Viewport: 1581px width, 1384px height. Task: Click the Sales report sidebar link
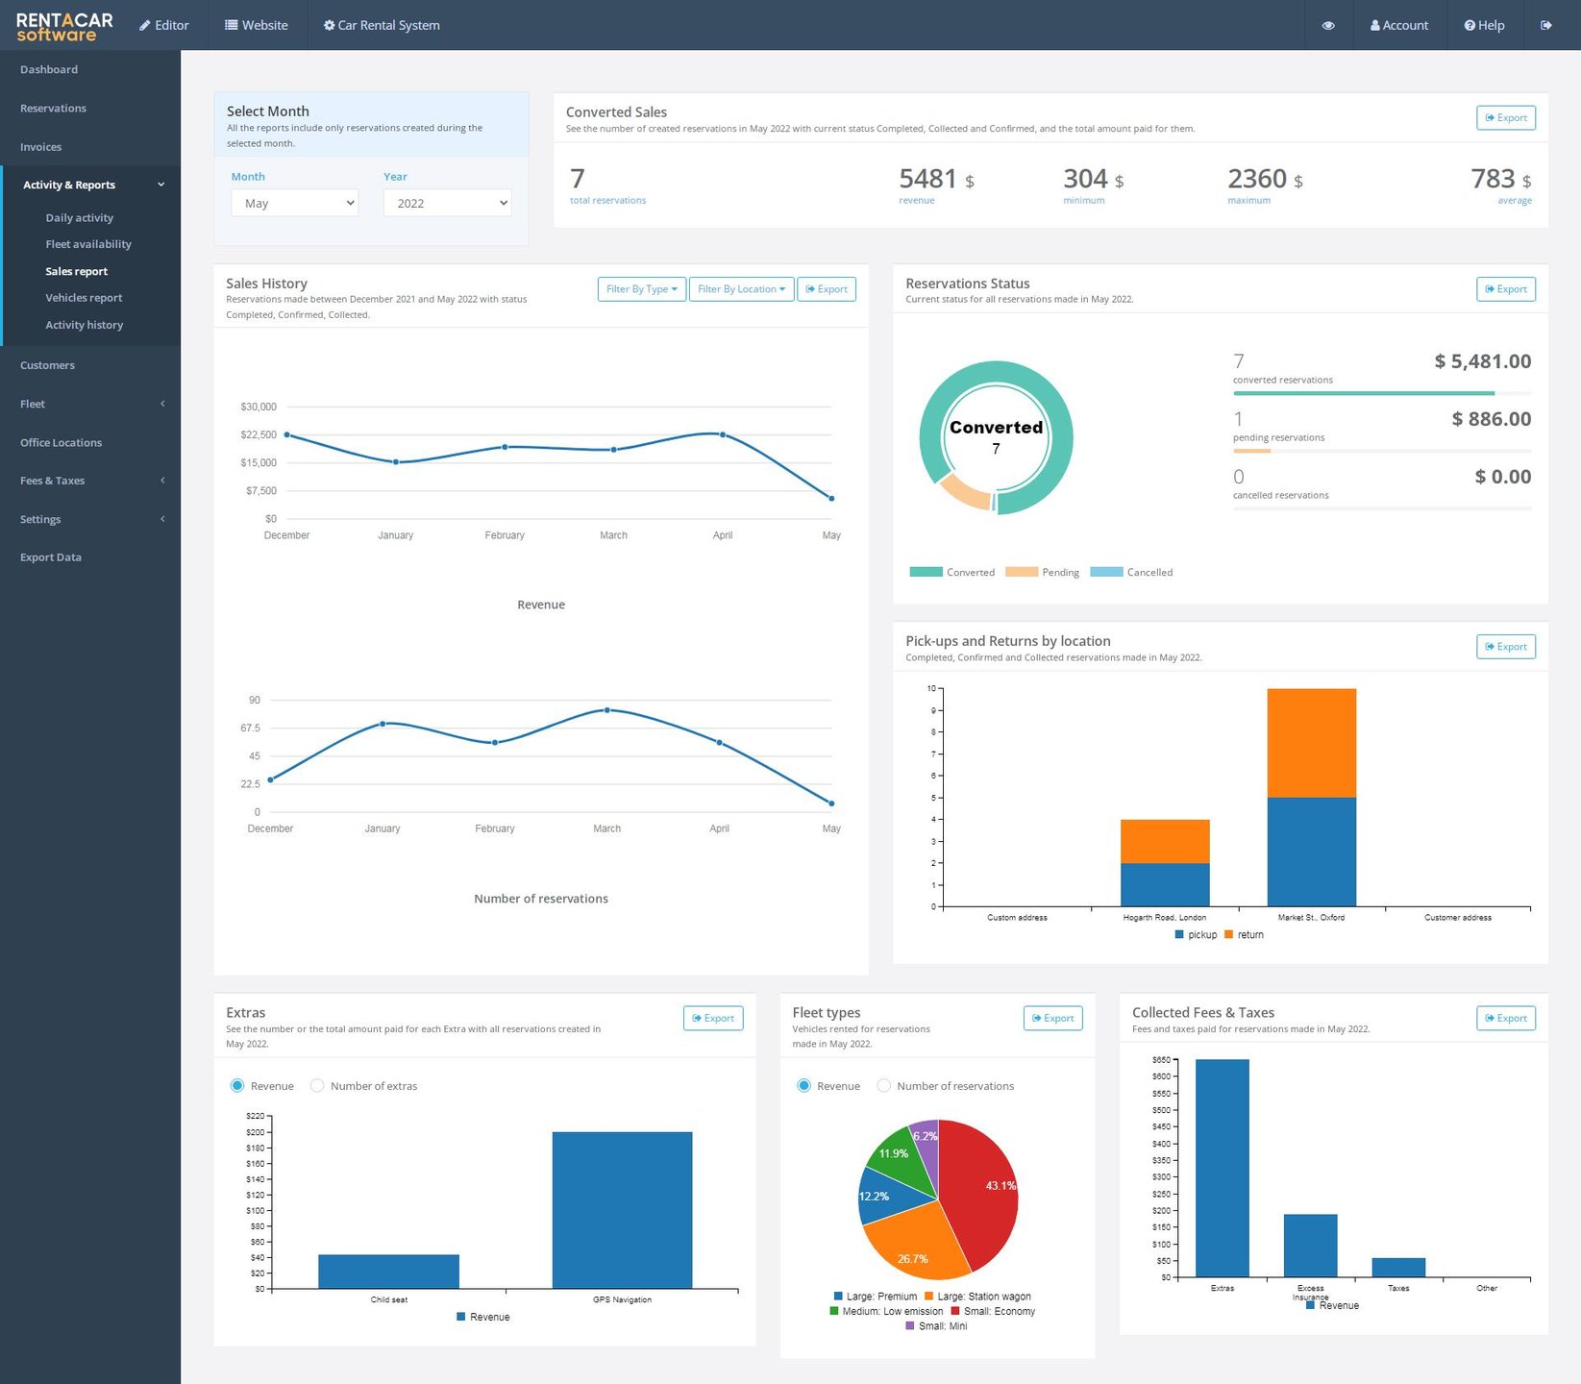[76, 271]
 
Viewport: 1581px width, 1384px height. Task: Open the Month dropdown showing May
[294, 203]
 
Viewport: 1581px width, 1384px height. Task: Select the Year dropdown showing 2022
[447, 203]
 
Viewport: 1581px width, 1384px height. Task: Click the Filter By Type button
[641, 289]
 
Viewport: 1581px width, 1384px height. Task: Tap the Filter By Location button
[741, 289]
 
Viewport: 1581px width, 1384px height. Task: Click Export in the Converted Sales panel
[1505, 117]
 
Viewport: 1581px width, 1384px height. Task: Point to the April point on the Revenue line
[723, 434]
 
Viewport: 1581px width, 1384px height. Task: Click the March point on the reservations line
[606, 710]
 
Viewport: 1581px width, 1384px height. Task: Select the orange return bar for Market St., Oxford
[1311, 743]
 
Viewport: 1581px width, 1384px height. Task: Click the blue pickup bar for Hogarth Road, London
[1164, 884]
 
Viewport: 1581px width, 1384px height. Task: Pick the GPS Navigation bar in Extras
[622, 1209]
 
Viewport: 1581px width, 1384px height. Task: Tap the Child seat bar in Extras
[388, 1271]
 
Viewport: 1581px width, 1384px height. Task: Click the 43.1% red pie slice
[980, 1192]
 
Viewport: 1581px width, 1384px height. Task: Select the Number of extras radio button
[317, 1086]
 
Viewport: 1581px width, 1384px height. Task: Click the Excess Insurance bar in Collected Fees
[1310, 1246]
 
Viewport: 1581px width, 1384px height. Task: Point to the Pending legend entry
[1042, 572]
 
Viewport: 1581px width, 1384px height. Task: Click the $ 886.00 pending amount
[1491, 419]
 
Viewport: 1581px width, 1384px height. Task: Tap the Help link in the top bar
[1484, 25]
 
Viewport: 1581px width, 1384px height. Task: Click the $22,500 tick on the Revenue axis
[259, 434]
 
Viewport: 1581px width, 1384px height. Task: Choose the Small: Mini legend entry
[936, 1326]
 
